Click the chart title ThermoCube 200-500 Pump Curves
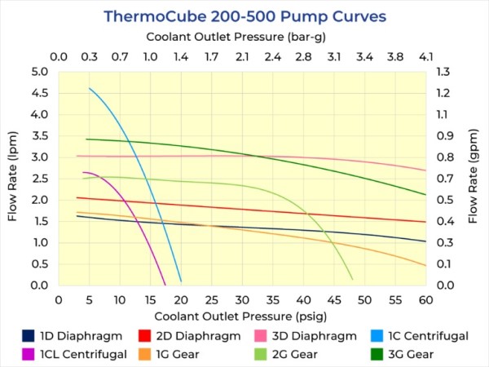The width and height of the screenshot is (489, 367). [x=244, y=15]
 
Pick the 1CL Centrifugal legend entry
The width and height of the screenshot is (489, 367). [x=81, y=354]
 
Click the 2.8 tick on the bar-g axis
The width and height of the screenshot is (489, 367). [x=303, y=58]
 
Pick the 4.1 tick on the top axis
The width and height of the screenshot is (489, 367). [x=426, y=58]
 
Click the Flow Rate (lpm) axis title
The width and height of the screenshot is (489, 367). [x=14, y=179]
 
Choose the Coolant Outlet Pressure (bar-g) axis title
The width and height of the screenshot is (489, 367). [x=242, y=37]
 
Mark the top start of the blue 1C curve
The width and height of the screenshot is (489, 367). [x=90, y=88]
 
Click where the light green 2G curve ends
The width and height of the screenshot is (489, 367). [x=352, y=280]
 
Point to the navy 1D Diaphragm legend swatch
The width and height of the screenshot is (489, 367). [x=29, y=335]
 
